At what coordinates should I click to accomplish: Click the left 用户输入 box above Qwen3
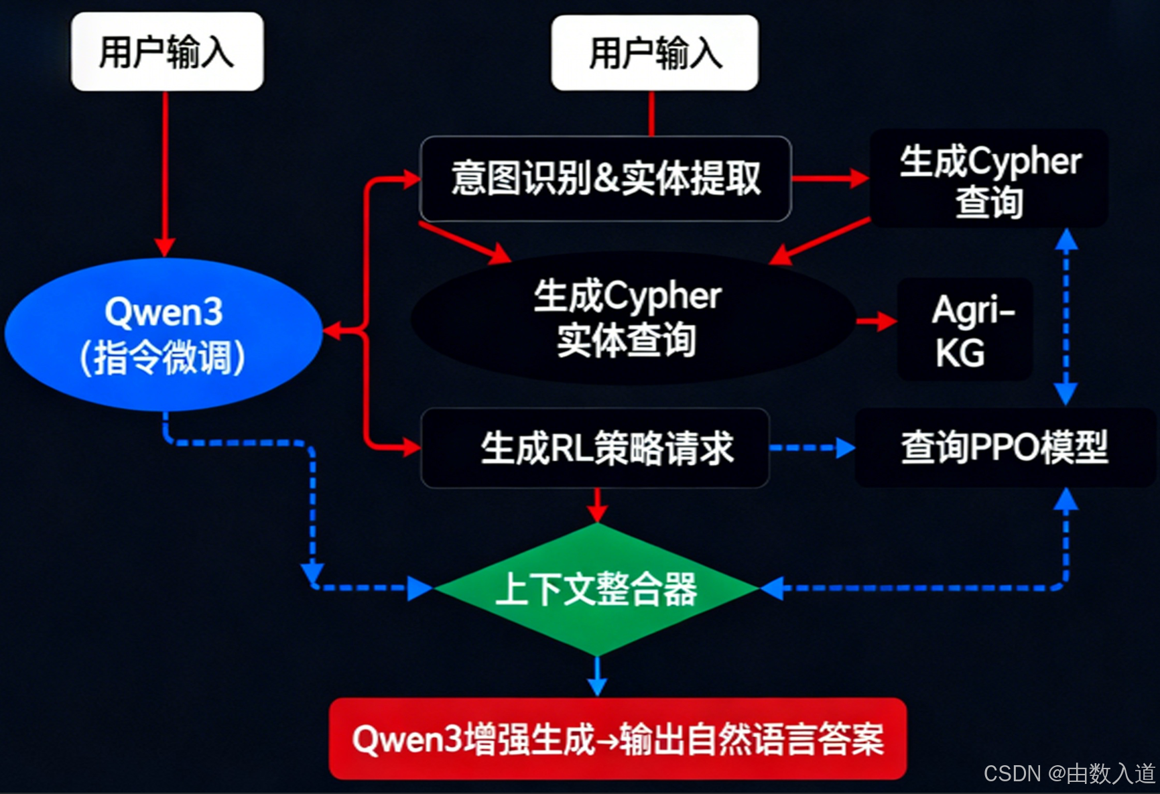point(167,52)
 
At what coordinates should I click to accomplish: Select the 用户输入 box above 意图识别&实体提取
point(655,53)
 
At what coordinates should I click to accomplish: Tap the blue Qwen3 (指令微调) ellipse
point(163,334)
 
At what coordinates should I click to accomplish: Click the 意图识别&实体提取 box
point(605,178)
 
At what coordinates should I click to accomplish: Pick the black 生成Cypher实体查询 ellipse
point(630,318)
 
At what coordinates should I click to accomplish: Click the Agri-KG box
point(965,330)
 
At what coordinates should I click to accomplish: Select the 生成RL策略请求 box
point(595,448)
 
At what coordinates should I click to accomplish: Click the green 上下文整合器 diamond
point(596,588)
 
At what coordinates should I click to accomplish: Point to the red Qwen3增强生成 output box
point(617,738)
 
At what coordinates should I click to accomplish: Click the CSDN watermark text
point(1070,773)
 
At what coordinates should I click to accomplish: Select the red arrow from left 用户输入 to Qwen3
point(165,174)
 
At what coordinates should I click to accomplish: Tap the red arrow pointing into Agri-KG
point(876,322)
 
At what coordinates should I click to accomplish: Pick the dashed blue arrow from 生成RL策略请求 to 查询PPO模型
point(812,448)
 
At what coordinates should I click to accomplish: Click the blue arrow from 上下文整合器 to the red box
point(596,676)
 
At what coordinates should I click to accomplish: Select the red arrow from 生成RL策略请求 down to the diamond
point(596,504)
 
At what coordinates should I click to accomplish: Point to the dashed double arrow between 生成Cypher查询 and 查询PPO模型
point(1066,316)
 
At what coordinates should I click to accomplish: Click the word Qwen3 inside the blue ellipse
point(164,312)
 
